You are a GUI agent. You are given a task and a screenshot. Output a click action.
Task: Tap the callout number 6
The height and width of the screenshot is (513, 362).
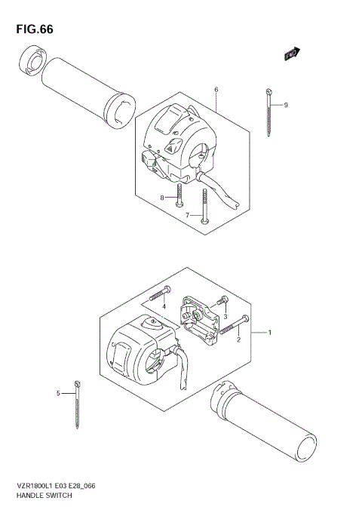[216, 91]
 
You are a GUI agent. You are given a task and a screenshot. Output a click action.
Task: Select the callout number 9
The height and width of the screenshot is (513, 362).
[286, 105]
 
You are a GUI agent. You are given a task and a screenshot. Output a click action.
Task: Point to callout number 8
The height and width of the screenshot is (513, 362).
[161, 198]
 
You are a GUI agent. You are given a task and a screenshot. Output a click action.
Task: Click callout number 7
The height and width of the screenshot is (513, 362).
[188, 215]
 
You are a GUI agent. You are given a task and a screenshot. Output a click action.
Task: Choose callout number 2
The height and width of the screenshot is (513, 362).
[239, 340]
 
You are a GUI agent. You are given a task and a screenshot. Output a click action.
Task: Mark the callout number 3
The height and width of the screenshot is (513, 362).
[224, 317]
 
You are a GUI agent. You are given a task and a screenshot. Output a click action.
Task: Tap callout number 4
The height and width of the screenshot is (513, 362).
[163, 306]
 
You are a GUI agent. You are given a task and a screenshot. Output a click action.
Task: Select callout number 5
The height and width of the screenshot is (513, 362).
[58, 393]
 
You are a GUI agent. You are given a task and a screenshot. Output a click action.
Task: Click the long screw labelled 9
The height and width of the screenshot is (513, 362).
[269, 112]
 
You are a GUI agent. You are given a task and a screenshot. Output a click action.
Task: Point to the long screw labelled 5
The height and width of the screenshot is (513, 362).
[78, 405]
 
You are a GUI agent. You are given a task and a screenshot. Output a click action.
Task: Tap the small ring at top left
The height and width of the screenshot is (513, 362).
[32, 59]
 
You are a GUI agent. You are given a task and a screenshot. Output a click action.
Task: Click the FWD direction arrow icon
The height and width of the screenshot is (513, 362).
[292, 53]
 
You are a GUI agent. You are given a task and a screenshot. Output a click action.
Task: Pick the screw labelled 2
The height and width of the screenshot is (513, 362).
[233, 325]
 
